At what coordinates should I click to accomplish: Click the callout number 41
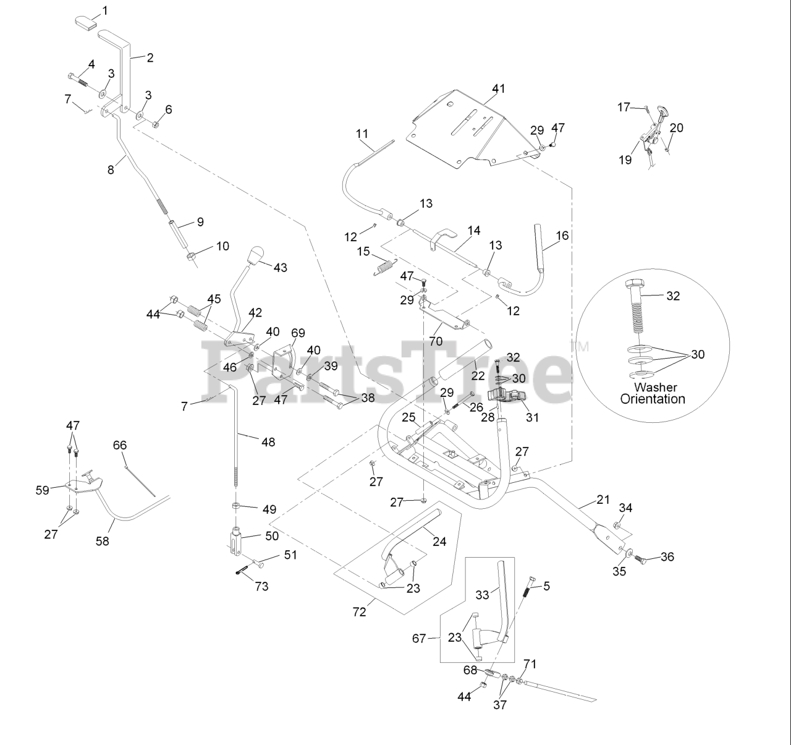click(498, 88)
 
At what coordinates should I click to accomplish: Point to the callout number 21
click(603, 499)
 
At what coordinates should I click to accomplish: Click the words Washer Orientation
click(653, 393)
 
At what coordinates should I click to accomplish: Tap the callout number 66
click(120, 445)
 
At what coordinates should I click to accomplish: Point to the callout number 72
click(359, 611)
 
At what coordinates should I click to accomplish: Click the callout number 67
click(419, 638)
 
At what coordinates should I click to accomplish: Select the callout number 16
click(562, 236)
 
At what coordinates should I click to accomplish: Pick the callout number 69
click(298, 333)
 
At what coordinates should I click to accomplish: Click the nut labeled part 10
click(192, 255)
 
